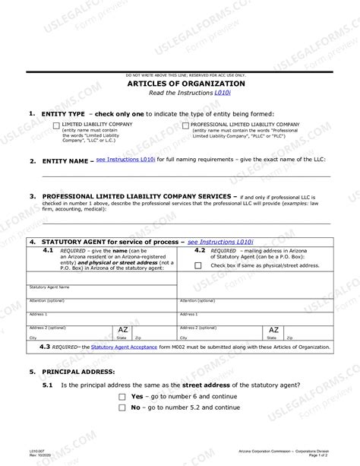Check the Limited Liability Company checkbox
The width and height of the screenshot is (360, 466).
(x=56, y=125)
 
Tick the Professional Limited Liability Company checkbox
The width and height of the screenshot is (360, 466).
(x=186, y=125)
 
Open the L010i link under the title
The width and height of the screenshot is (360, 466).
(x=223, y=92)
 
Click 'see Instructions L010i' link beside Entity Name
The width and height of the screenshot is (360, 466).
(x=126, y=160)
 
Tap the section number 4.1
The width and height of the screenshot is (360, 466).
(x=47, y=249)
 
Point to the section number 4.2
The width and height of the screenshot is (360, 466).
(x=199, y=249)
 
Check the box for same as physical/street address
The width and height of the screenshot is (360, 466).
(x=198, y=265)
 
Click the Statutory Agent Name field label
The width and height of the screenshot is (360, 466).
(x=49, y=287)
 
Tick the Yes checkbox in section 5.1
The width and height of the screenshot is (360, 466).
(x=122, y=397)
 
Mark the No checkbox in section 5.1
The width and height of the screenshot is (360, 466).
(x=122, y=407)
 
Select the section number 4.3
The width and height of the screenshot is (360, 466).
(x=45, y=347)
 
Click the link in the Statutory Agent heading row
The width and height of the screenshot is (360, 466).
(x=220, y=241)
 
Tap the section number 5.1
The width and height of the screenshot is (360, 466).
(x=47, y=385)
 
